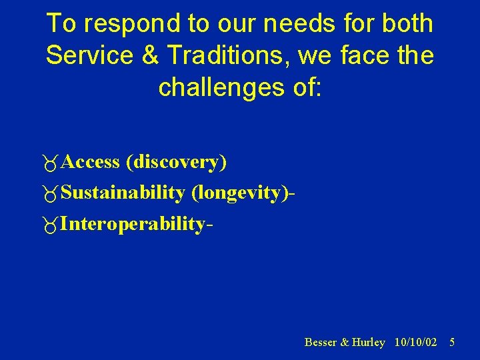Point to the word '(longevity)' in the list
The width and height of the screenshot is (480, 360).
coord(241,194)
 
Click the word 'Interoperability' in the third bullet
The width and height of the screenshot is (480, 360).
coord(133,225)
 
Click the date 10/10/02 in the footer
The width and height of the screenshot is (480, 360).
coord(416,342)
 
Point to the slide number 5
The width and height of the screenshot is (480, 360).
coord(452,342)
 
